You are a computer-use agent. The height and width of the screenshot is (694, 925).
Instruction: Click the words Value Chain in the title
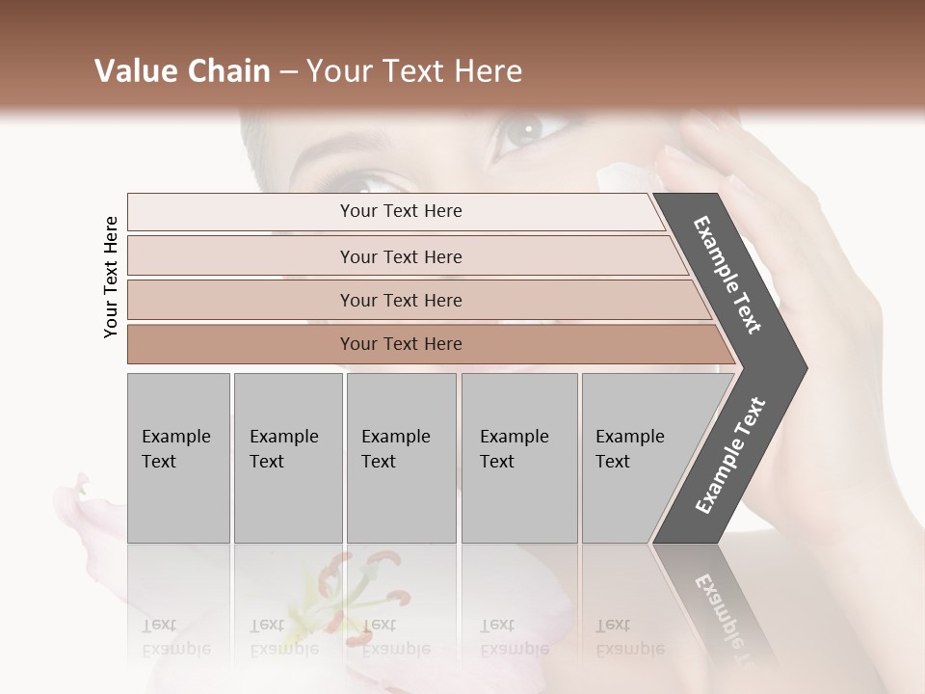pos(182,71)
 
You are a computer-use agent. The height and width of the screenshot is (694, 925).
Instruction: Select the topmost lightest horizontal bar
pos(401,211)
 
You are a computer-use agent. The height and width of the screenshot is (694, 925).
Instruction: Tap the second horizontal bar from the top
pos(401,256)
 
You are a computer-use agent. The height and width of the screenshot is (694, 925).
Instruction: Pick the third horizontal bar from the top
pos(401,300)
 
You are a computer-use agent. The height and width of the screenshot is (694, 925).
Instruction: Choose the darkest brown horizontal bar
pos(401,344)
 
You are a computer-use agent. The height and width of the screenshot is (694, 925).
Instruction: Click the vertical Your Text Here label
pos(111,277)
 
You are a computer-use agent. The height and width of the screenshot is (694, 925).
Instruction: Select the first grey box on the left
pos(178,458)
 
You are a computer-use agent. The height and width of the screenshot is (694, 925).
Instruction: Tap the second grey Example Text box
pos(287,458)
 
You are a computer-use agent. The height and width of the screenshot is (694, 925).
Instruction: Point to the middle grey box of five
pos(401,458)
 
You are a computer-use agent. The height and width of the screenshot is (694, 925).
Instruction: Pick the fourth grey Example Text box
pos(518,458)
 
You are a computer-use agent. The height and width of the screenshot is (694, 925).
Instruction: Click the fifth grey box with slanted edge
pos(641,458)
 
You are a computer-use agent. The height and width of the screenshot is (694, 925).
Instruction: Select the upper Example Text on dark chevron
pos(727,275)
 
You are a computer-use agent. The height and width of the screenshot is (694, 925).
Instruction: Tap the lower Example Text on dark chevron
pos(730,456)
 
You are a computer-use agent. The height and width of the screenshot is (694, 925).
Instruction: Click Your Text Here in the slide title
pos(414,71)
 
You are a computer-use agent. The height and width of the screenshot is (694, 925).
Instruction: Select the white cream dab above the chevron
pos(617,178)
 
